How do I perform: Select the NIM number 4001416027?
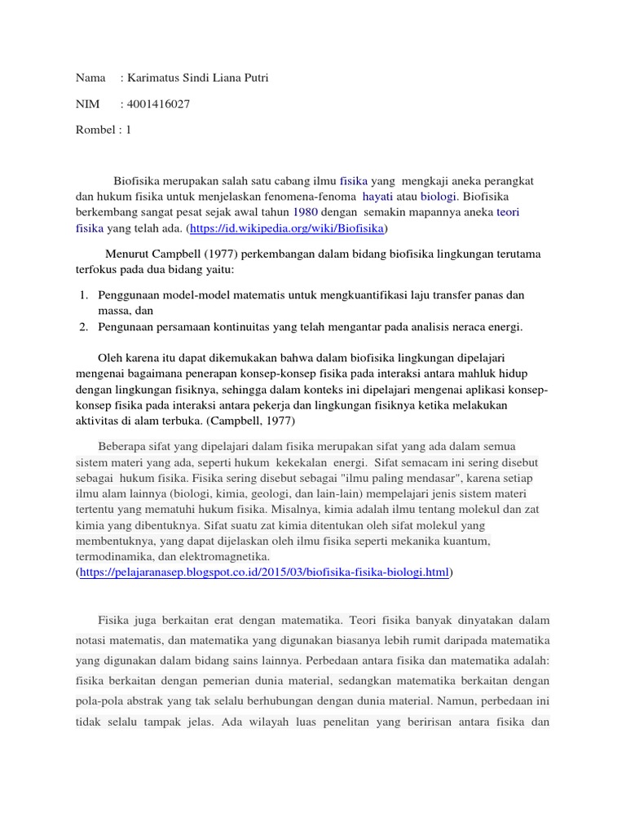click(x=159, y=104)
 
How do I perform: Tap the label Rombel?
click(x=94, y=130)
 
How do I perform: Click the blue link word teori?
click(x=508, y=212)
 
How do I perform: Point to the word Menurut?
click(x=129, y=254)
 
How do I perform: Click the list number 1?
click(x=83, y=294)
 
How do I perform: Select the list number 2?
click(x=83, y=327)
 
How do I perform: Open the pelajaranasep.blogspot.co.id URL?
click(x=265, y=572)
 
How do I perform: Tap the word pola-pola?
click(x=100, y=700)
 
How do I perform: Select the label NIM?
click(x=87, y=104)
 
